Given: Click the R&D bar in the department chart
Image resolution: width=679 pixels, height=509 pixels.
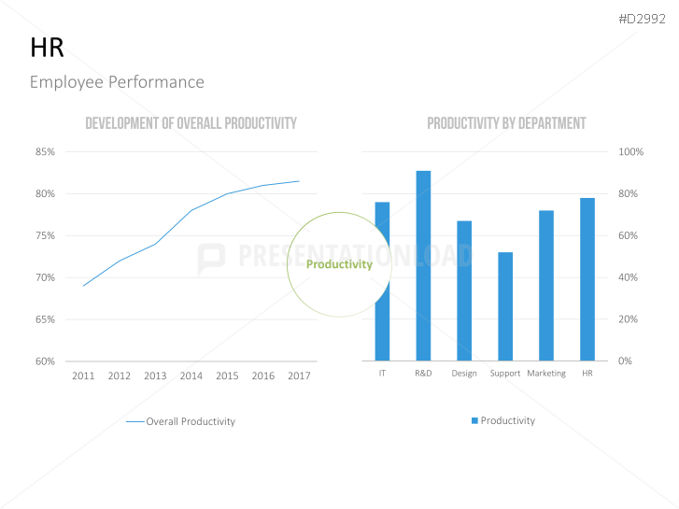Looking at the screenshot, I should (x=423, y=266).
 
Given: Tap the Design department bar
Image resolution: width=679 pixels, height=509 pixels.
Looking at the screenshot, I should (x=464, y=290).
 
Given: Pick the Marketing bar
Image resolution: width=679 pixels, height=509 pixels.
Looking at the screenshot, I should (x=546, y=286).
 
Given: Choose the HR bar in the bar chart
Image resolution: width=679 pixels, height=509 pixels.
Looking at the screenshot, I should (x=587, y=279).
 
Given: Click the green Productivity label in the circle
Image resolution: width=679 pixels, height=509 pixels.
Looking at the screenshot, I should (x=339, y=264).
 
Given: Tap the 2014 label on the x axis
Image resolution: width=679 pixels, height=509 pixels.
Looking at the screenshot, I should (x=191, y=375).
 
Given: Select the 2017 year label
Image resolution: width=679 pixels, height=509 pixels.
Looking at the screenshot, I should (x=299, y=375).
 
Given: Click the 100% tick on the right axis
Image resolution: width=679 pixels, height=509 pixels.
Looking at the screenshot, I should (x=631, y=151).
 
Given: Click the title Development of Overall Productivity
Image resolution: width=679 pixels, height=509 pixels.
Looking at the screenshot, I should (x=191, y=123).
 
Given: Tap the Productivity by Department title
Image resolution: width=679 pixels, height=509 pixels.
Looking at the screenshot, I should (x=506, y=123).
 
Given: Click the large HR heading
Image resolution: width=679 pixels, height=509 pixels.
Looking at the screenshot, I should (x=47, y=49).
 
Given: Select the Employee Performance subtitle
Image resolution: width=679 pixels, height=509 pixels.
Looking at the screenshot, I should (x=117, y=82).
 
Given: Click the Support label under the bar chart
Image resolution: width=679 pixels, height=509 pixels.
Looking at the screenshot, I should (x=505, y=374).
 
